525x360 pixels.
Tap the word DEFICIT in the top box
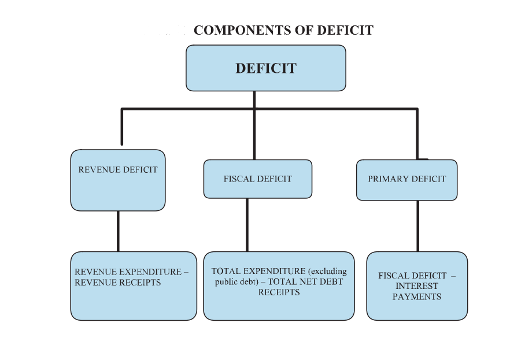(266, 68)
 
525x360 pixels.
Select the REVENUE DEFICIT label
(118, 170)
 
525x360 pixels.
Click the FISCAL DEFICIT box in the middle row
(258, 179)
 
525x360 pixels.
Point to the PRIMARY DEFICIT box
(407, 180)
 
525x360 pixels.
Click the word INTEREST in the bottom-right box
(417, 286)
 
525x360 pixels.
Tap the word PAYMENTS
(417, 297)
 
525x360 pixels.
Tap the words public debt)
(236, 282)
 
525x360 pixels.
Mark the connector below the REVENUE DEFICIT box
(118, 231)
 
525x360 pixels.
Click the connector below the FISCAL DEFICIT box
(247, 225)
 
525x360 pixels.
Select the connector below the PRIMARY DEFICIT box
(418, 226)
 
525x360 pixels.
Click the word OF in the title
(304, 30)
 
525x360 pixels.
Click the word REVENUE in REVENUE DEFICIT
(98, 170)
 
